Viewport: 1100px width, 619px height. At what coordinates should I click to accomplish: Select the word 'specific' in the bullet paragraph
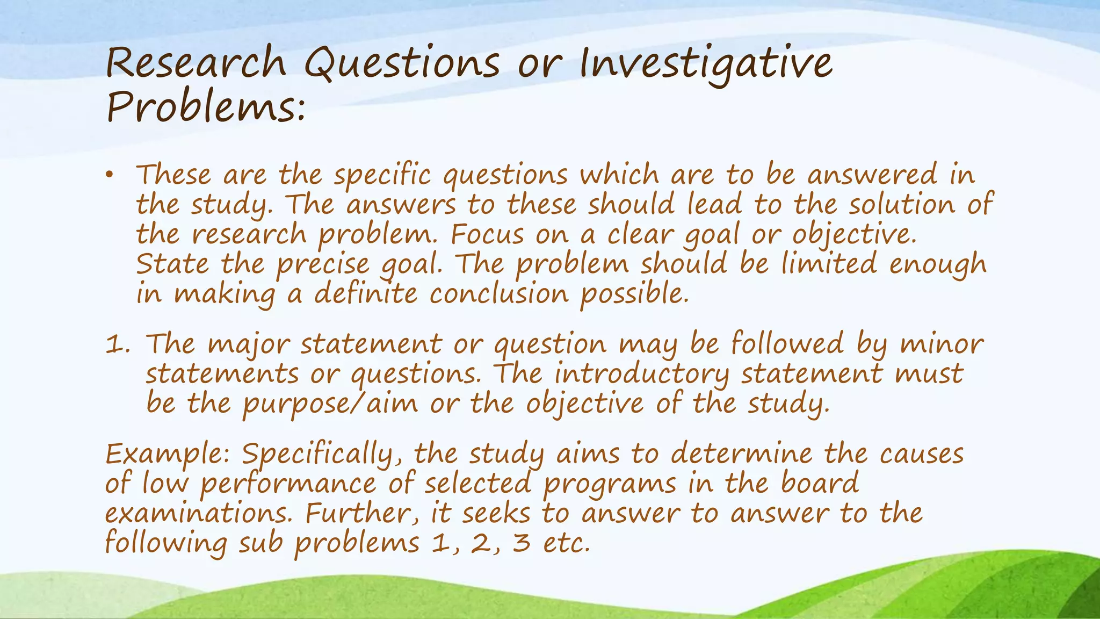[382, 175]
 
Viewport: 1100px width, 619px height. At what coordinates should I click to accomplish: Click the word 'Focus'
[487, 234]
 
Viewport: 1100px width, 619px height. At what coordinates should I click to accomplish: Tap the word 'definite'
[366, 293]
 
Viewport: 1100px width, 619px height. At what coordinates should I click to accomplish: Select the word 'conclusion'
[499, 293]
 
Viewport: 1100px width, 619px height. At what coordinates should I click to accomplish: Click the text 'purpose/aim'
[330, 404]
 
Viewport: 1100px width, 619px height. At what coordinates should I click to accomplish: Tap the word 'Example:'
[168, 455]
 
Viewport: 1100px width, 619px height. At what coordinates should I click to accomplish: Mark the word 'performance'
[288, 484]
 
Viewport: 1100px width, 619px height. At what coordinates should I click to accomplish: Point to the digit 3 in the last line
[521, 543]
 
